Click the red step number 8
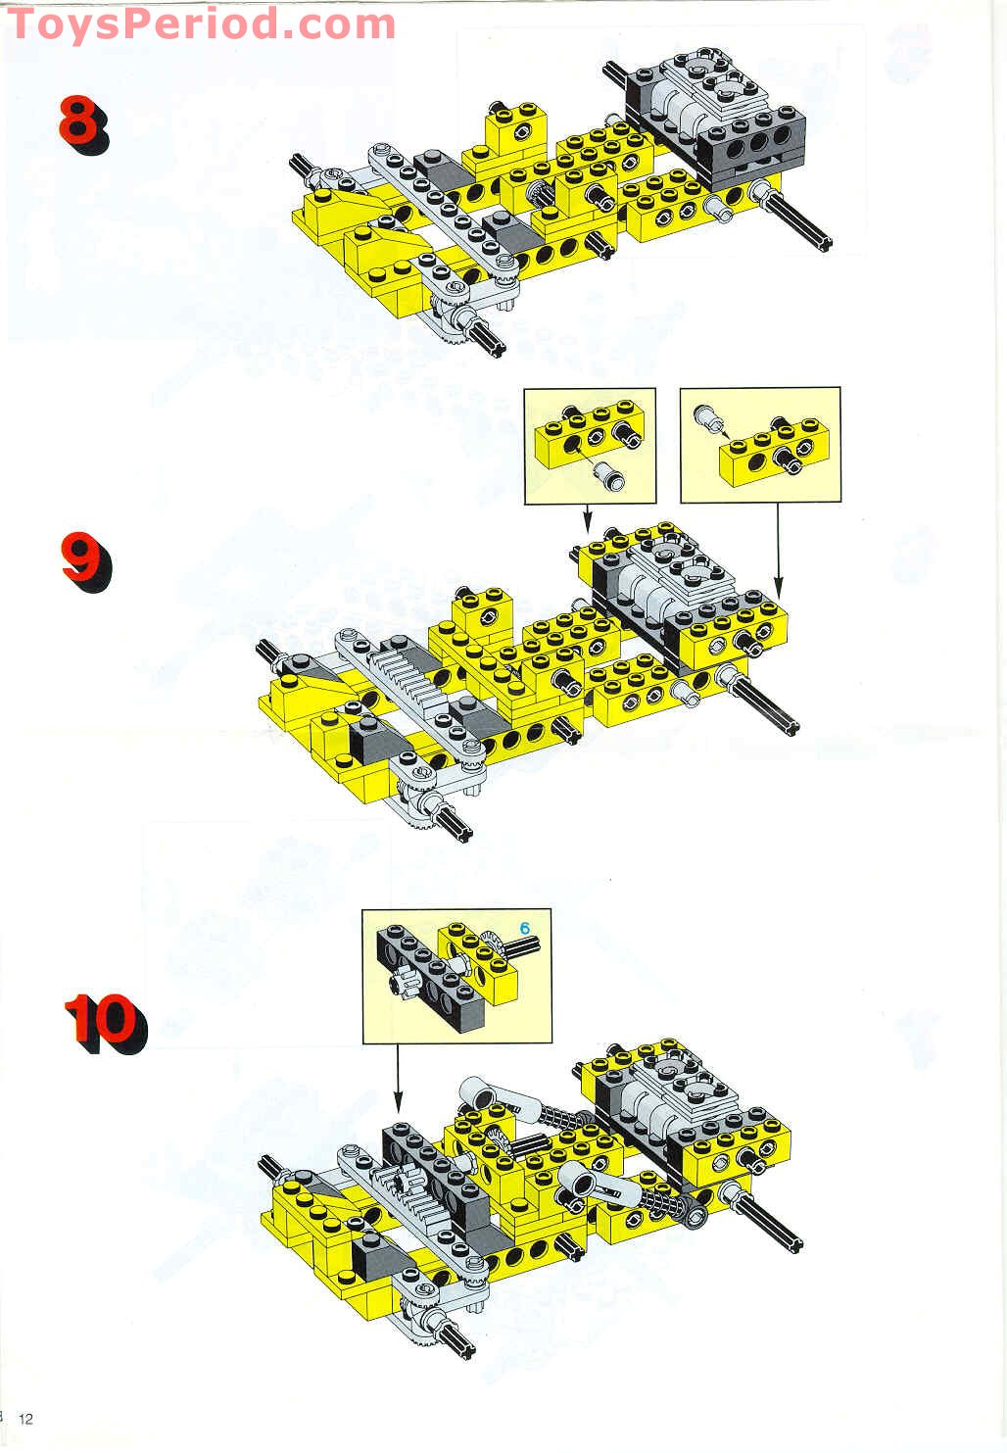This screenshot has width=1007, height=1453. click(83, 123)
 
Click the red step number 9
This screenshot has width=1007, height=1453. click(85, 561)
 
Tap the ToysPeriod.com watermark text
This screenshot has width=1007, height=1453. click(201, 24)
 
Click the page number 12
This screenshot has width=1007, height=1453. click(25, 1419)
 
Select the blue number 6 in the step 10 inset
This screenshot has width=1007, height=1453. click(525, 928)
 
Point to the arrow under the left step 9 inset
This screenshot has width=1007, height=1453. click(587, 518)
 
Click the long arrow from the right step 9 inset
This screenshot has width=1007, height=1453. click(778, 550)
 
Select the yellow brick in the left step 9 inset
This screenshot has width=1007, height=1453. click(588, 435)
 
